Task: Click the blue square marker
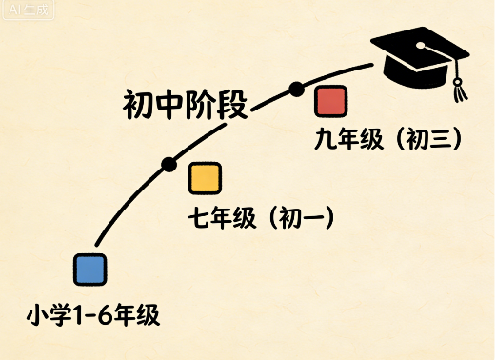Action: pos(89,270)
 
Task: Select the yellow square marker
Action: pos(205,178)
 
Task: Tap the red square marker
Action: pos(330,101)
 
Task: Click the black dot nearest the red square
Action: pos(296,89)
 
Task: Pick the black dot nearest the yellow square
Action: pos(169,164)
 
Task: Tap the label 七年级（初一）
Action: pos(261,219)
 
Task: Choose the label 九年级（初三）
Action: pos(388,139)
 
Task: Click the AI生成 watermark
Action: pos(24,10)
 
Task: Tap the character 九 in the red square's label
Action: pos(325,139)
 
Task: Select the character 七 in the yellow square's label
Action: pos(199,219)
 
